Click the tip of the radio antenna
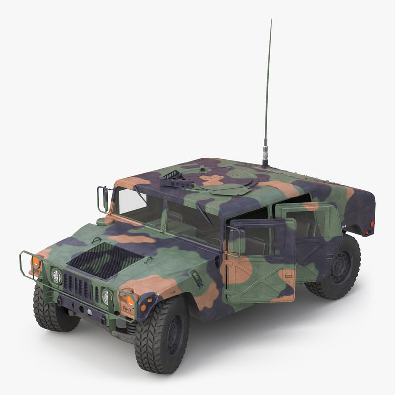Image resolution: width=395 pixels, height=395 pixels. pos(271,21)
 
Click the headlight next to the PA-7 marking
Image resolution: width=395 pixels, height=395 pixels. pos(105,296)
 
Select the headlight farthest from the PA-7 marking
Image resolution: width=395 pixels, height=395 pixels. pos(56,276)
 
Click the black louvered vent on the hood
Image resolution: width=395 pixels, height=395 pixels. pos(105,260)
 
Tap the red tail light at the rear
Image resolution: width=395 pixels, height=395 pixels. pos(371,224)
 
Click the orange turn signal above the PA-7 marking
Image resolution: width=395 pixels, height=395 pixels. pos(129,299)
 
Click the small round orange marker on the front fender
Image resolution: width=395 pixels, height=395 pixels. pos(143,307)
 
